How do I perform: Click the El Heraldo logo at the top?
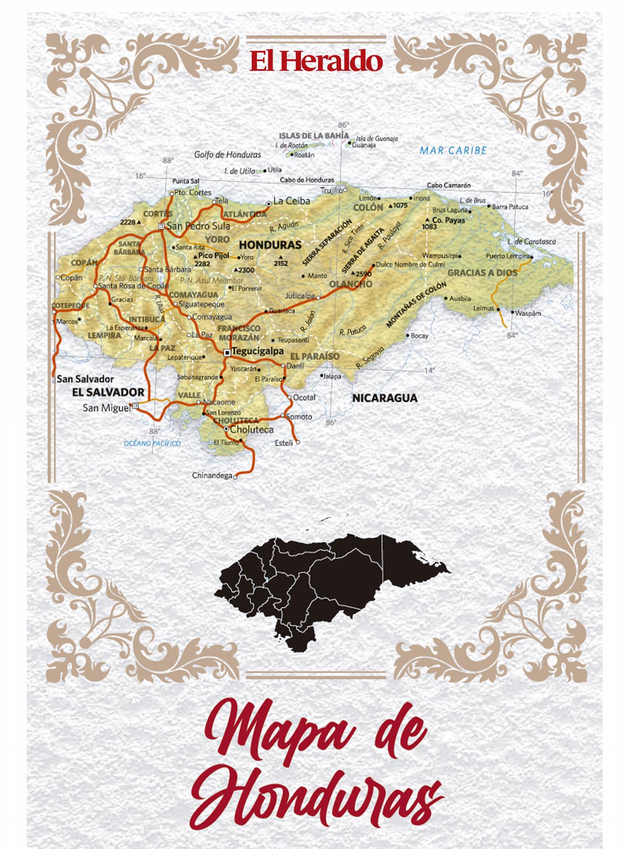click(x=316, y=61)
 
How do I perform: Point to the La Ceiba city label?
click(x=292, y=201)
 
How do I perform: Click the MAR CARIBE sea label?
click(x=453, y=150)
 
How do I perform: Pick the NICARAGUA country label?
click(x=385, y=398)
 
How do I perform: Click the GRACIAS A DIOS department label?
click(x=483, y=273)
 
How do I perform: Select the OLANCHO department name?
click(x=351, y=284)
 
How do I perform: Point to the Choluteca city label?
click(x=252, y=430)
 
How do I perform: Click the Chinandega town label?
click(x=212, y=475)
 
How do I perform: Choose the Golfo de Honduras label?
click(x=227, y=155)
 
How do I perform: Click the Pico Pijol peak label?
click(x=213, y=256)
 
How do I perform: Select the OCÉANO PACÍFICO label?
click(x=152, y=443)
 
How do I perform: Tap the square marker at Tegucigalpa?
click(x=227, y=352)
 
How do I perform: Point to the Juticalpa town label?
click(x=300, y=295)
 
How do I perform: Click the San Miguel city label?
click(x=106, y=408)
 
